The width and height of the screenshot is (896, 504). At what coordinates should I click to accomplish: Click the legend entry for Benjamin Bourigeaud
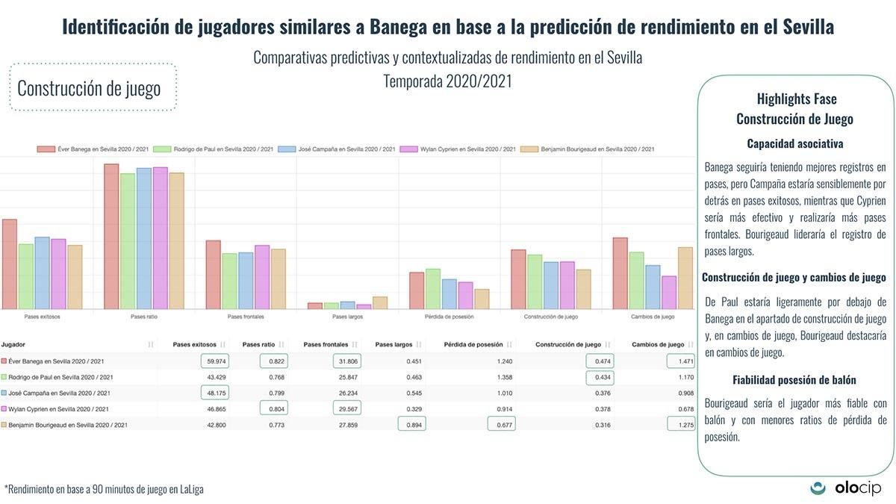click(588, 149)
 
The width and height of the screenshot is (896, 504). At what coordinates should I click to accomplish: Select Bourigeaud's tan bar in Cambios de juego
click(685, 278)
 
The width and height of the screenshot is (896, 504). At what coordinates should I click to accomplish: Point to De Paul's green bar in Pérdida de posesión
click(432, 288)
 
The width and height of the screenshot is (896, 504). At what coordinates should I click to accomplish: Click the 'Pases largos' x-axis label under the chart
click(347, 317)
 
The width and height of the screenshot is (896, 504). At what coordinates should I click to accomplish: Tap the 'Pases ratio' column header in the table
click(259, 344)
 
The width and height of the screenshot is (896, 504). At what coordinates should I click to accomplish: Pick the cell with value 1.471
click(680, 361)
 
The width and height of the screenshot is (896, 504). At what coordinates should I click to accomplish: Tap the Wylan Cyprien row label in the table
click(59, 409)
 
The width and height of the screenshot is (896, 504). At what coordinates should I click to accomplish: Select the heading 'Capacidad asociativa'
click(794, 143)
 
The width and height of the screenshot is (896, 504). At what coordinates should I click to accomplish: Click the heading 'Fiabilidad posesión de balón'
click(794, 380)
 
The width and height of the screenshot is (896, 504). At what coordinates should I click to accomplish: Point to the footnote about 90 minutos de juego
click(105, 489)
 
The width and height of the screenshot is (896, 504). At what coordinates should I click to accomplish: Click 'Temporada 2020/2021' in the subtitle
click(447, 81)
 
